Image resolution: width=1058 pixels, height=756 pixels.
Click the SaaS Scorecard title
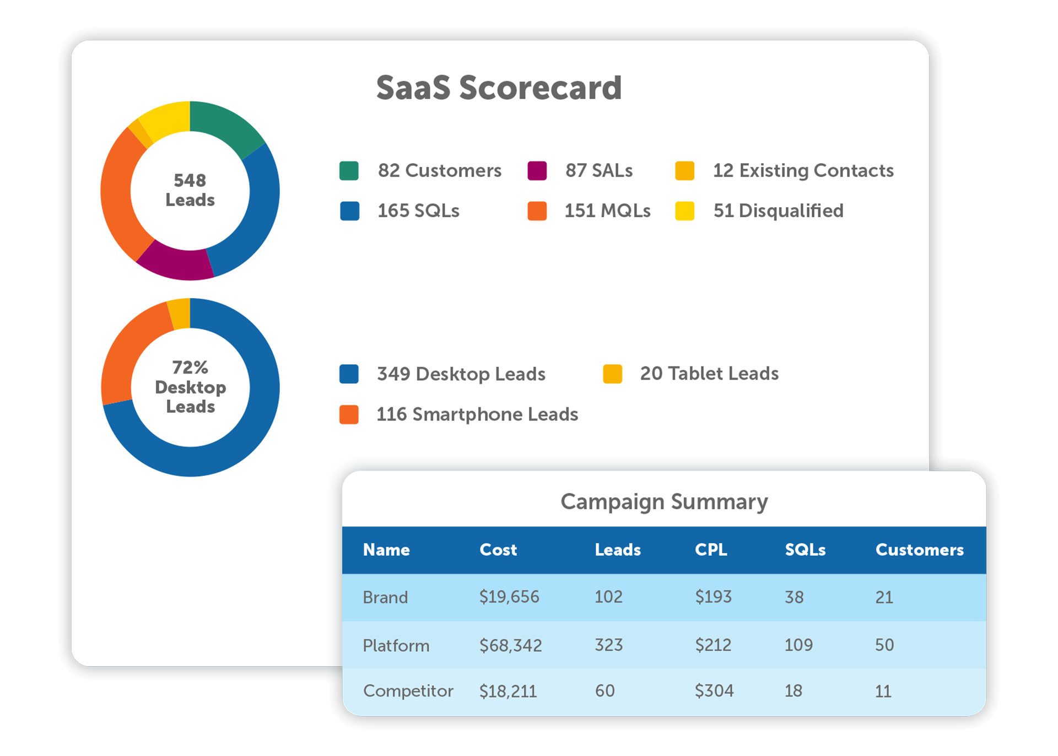(499, 88)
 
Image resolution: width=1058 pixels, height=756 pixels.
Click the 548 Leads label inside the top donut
(190, 190)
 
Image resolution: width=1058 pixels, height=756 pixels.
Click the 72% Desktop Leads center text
(190, 387)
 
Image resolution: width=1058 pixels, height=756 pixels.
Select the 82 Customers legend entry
(439, 171)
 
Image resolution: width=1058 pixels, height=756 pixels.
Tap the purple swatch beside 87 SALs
(537, 171)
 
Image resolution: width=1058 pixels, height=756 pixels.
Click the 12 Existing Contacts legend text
(803, 171)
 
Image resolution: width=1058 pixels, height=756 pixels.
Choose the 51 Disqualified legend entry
(778, 211)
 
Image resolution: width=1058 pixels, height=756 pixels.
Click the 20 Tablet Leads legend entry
(709, 374)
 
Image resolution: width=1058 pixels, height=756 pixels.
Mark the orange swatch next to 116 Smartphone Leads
(349, 414)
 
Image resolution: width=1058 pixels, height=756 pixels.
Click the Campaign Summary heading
(664, 502)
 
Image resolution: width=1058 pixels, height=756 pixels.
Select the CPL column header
(710, 550)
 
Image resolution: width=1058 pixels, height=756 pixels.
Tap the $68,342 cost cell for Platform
(510, 645)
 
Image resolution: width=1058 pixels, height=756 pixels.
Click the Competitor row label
(408, 691)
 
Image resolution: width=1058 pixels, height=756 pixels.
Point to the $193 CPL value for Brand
(713, 597)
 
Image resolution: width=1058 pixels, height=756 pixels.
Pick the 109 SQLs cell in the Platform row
(798, 645)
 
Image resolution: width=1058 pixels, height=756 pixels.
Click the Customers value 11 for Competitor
(883, 692)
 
